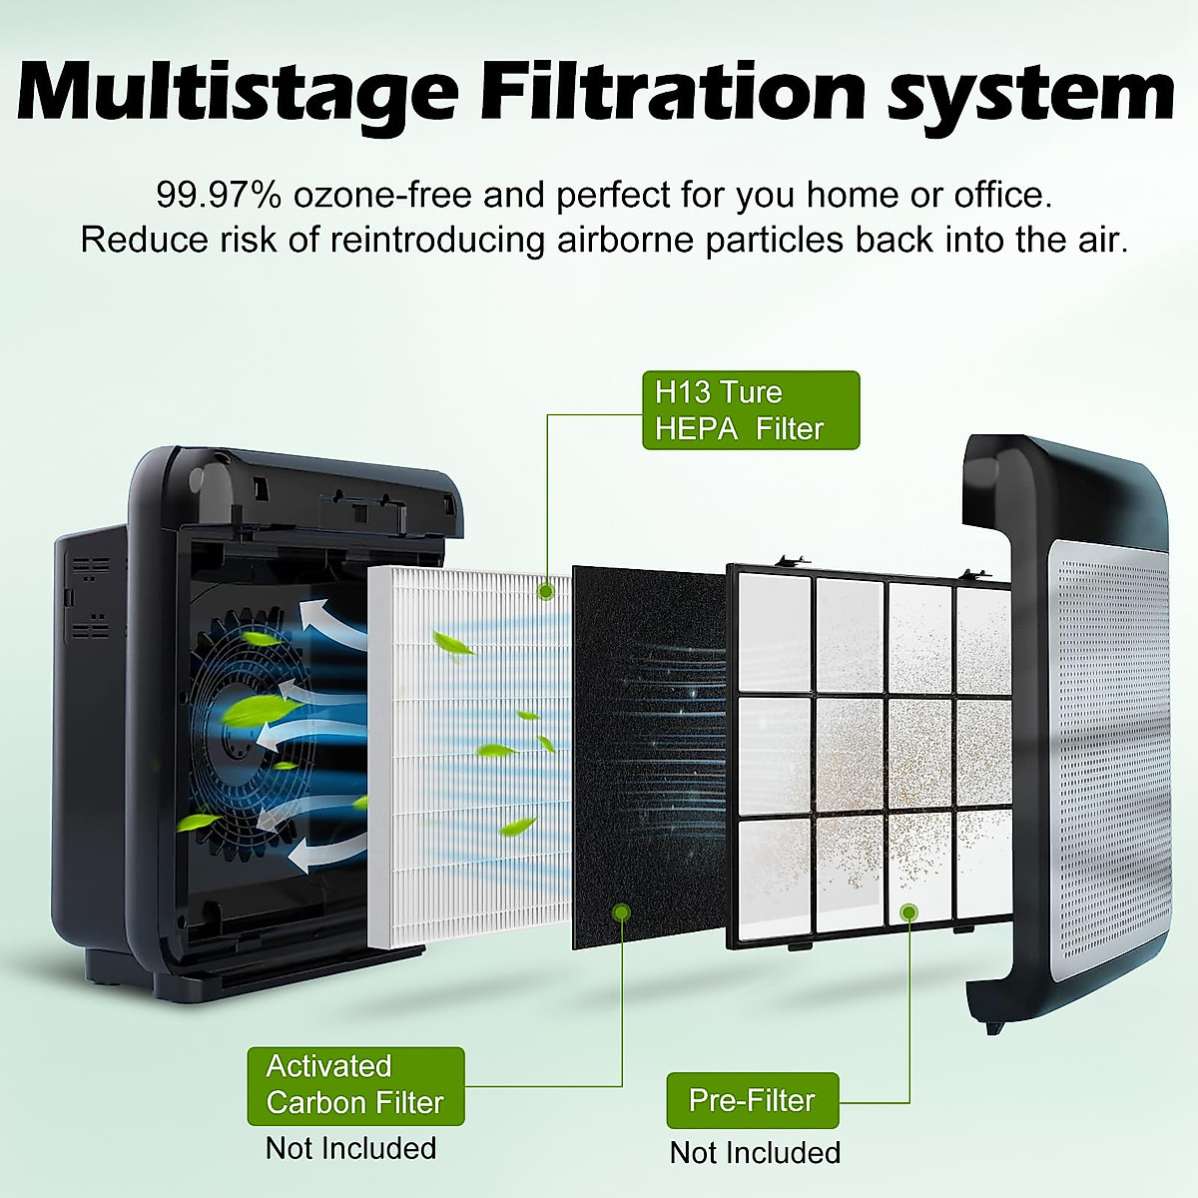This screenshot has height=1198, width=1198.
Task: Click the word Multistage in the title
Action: click(238, 92)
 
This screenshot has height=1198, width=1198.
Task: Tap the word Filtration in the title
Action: click(672, 92)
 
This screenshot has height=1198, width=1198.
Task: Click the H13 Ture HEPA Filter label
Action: click(750, 410)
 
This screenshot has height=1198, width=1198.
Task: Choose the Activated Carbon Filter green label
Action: click(355, 1085)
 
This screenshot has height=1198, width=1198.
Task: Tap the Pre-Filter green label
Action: click(752, 1100)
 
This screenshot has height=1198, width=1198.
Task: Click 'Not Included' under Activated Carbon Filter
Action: click(350, 1148)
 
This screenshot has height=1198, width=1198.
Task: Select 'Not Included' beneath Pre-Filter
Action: click(755, 1152)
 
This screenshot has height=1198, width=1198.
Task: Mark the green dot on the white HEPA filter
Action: click(545, 592)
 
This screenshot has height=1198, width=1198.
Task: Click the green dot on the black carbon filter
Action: click(621, 911)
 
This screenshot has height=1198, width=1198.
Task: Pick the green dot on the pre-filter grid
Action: click(908, 911)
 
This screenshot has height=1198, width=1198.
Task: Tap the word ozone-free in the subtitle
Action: click(382, 195)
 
